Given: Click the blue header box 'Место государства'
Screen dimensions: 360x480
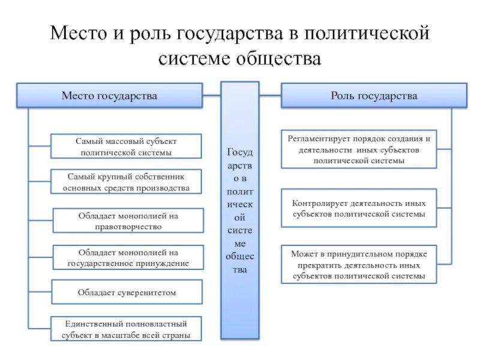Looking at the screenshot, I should point(109,96).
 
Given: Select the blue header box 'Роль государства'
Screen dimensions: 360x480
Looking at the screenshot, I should point(374,96).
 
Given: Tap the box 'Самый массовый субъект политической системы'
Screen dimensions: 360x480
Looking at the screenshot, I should point(126,146).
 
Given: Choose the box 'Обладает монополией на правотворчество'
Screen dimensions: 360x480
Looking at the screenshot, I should point(128,221).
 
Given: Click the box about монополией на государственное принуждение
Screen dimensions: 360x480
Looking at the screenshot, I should point(128,257).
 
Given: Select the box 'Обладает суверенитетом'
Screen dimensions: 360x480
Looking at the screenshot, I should point(127,292).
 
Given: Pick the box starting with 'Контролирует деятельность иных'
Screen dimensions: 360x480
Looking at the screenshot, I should point(359,208).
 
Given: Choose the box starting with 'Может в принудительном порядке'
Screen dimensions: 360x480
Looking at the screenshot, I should point(359,265).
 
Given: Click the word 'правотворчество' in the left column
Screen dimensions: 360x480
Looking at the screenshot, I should point(128,227).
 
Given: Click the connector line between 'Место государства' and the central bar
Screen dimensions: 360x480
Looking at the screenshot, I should point(212,95).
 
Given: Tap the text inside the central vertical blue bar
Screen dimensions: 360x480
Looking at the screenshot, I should point(240,210).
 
